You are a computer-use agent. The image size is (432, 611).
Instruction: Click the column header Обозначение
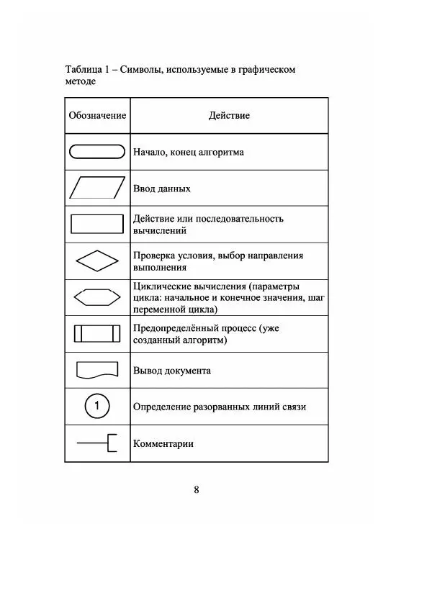point(97,116)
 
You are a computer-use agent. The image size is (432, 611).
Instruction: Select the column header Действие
point(229,116)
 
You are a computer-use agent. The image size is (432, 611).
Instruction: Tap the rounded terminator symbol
point(97,152)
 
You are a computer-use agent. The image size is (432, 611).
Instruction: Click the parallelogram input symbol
point(97,189)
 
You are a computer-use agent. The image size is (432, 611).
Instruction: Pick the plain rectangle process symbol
point(97,225)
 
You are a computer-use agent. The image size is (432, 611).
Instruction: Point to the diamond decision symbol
point(97,261)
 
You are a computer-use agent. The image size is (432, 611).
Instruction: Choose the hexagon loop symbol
point(97,297)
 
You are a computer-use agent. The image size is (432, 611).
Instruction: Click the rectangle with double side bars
point(97,334)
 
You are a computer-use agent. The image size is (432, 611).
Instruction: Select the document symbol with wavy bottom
point(97,370)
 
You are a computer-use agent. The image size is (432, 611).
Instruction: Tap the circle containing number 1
point(97,407)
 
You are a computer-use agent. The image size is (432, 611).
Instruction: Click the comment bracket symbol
point(97,443)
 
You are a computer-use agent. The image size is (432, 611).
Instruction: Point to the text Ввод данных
point(161,189)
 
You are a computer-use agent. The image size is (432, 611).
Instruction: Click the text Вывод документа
point(171,371)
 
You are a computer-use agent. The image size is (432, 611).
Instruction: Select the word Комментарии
point(163,443)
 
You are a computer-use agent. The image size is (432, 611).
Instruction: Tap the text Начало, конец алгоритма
point(188,152)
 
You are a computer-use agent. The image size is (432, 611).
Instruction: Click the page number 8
point(197,490)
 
